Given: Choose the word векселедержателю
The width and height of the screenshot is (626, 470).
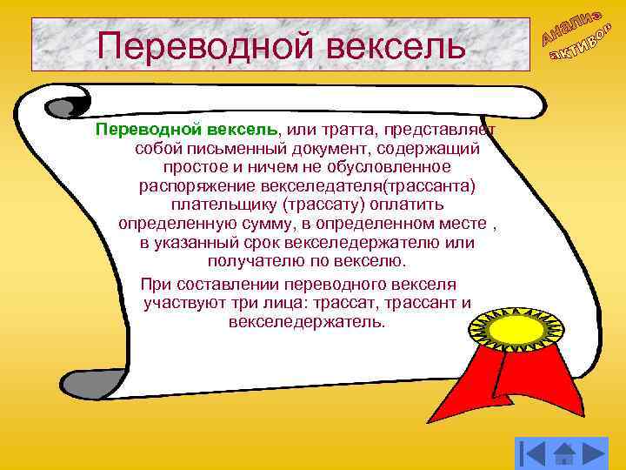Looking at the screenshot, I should [x=372, y=242].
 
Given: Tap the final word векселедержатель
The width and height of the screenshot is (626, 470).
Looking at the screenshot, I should [x=305, y=322].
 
